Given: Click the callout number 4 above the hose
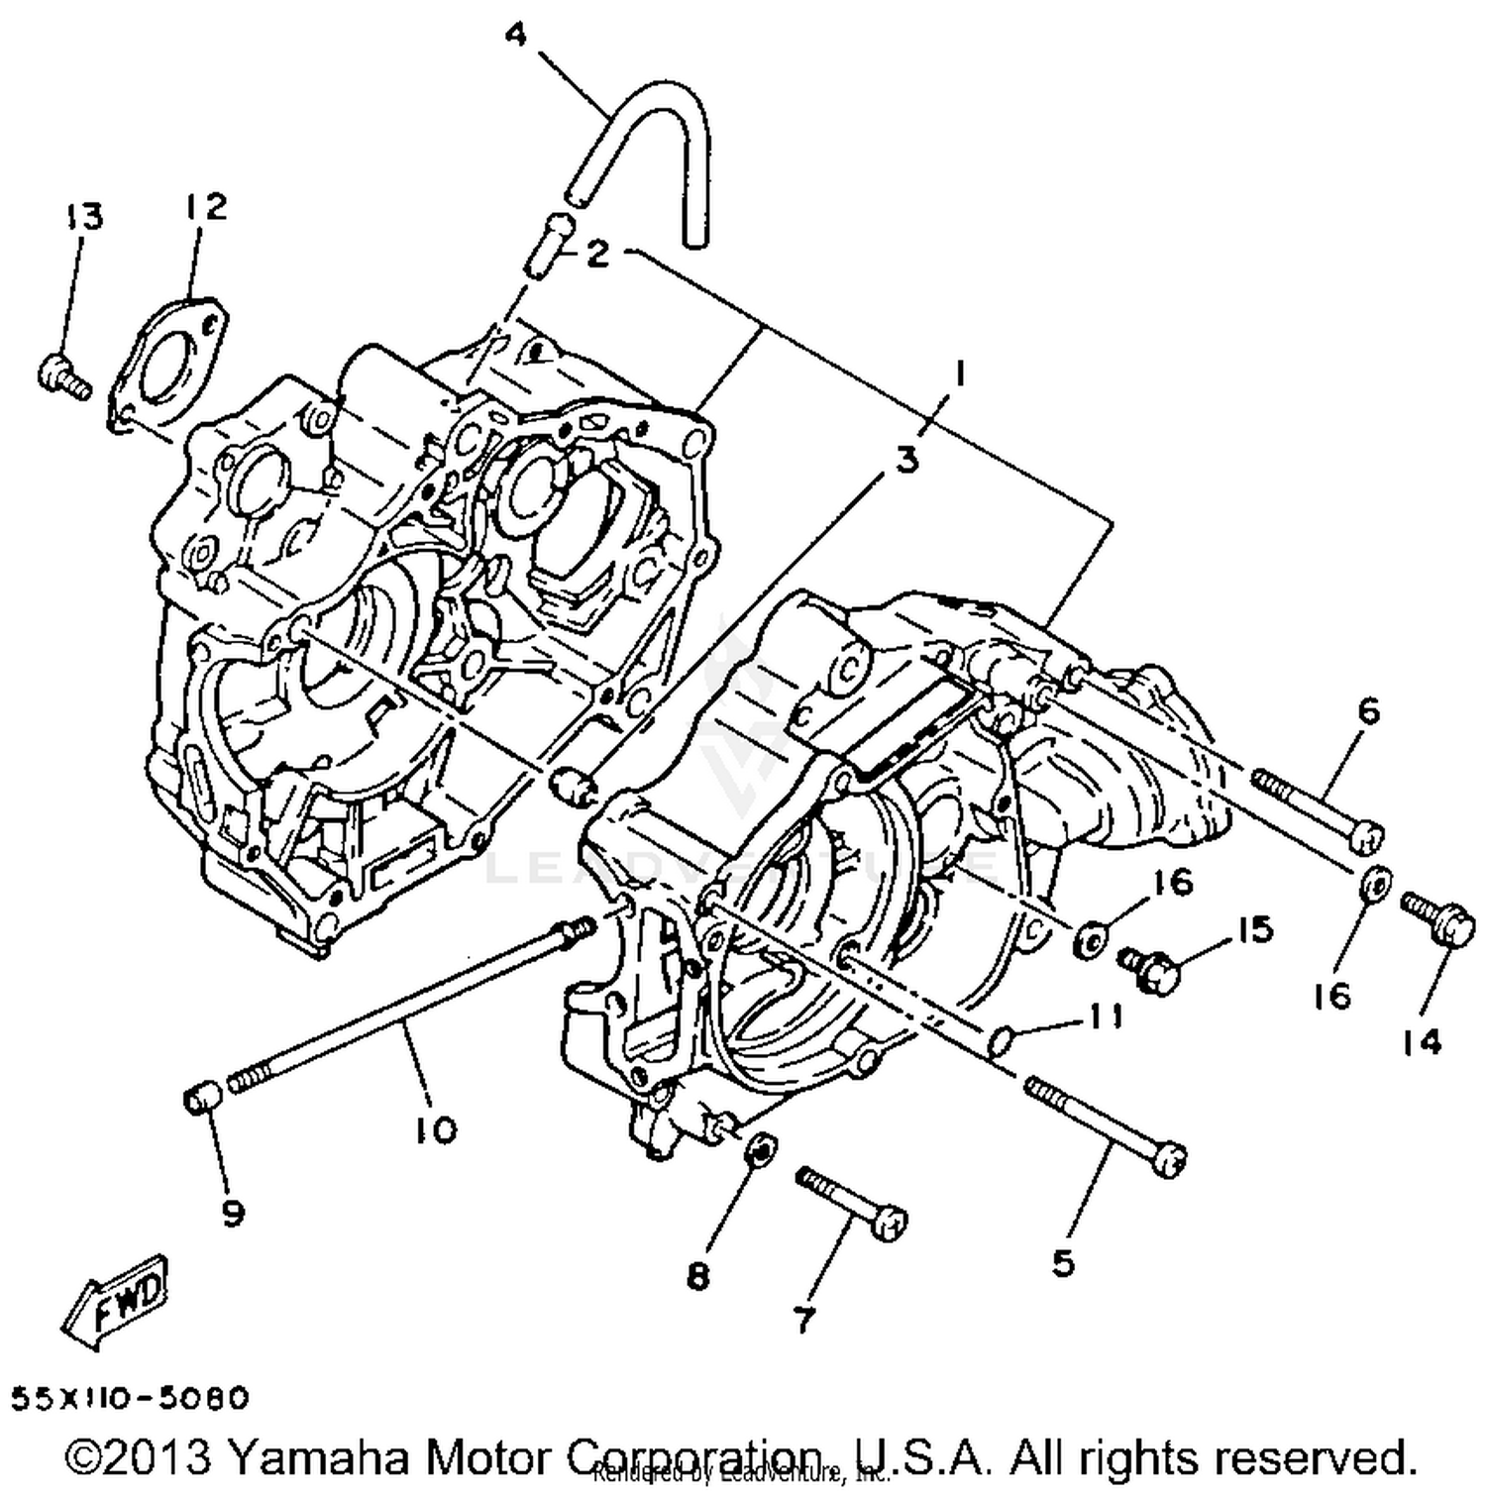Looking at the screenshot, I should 516,36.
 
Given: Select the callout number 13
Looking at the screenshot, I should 85,216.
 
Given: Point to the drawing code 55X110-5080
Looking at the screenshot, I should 130,1398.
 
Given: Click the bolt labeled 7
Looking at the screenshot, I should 852,1202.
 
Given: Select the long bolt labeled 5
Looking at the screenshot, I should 1107,1121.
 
